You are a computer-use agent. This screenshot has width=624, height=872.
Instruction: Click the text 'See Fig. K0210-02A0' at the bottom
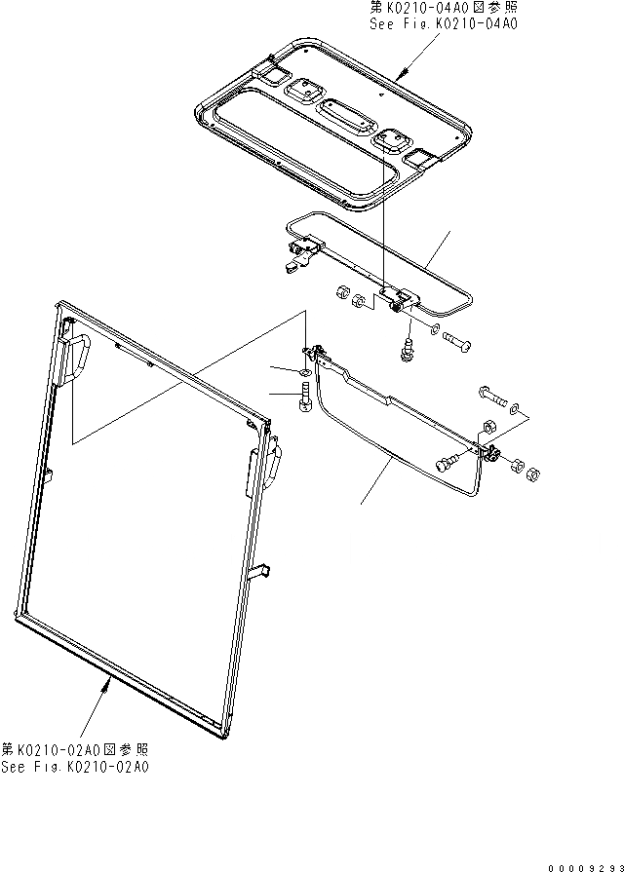75,767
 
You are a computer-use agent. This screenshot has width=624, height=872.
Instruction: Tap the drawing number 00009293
583,866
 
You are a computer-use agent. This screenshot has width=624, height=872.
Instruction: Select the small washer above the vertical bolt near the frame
305,372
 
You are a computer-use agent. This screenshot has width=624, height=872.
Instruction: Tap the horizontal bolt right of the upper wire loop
454,341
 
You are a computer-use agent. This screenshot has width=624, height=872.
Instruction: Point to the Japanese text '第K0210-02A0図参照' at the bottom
75,750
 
